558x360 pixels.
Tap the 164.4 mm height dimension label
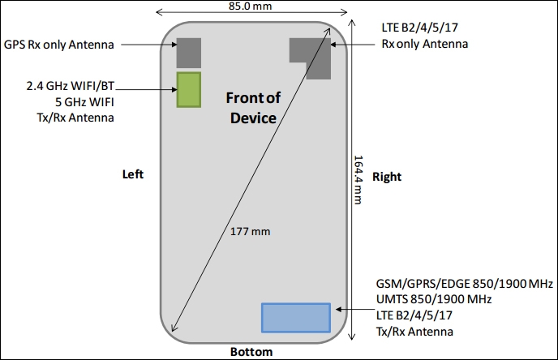(359, 181)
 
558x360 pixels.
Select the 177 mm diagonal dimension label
(250, 232)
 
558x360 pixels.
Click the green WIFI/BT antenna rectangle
(190, 89)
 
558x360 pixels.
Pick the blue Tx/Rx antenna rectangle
(296, 317)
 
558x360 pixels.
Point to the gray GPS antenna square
(190, 53)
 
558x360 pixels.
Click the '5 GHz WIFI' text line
(84, 102)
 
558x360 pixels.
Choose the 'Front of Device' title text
(252, 108)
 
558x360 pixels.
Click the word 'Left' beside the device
(133, 174)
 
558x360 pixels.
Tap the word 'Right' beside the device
(387, 176)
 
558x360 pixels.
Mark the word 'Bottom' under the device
(251, 352)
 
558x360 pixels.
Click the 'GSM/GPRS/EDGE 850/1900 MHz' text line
(464, 285)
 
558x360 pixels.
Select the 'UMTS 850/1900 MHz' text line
(434, 301)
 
